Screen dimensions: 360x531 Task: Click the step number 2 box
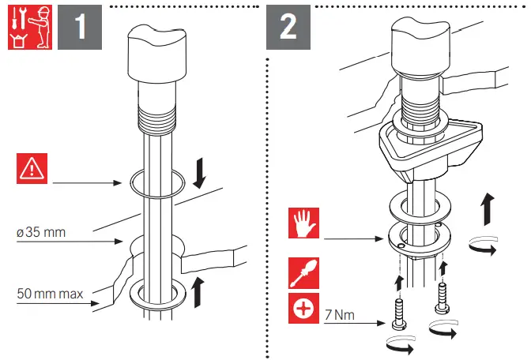[x=288, y=28]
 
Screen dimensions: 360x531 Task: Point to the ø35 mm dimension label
[x=41, y=233]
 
